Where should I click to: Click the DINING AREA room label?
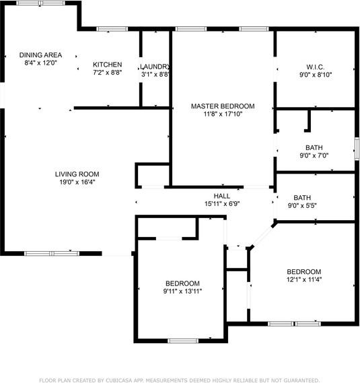tap(40, 55)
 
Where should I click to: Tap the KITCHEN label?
tap(108, 65)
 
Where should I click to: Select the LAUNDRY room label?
tap(155, 67)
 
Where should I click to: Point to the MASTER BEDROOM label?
tap(223, 106)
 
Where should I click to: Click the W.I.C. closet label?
tap(316, 67)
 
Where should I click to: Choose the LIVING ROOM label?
tap(77, 174)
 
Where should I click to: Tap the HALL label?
tap(222, 196)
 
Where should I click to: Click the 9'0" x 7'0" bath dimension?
tap(314, 155)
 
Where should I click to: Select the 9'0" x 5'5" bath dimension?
tap(302, 206)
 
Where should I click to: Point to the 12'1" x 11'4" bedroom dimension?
tap(304, 279)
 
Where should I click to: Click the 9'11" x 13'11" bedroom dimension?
tap(182, 291)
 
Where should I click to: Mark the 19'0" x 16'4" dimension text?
tap(77, 182)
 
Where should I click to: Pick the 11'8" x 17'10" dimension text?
tap(223, 114)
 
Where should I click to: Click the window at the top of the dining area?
tap(41, 3)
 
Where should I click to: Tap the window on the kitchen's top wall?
tap(112, 29)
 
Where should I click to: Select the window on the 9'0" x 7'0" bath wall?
tap(357, 149)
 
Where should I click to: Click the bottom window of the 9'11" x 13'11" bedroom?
tap(183, 341)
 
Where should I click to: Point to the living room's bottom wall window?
tap(52, 254)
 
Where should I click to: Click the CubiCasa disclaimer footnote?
tap(179, 380)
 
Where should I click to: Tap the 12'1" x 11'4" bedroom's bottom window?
tap(294, 324)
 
